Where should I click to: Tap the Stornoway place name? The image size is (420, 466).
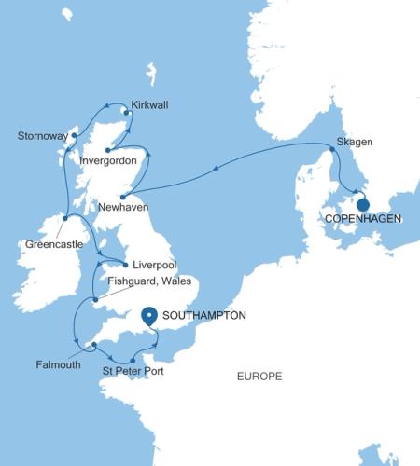pos(43,136)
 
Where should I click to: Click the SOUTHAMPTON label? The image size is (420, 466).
pos(203,316)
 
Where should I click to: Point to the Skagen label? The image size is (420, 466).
pos(355,142)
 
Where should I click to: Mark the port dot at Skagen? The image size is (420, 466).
pos(332,149)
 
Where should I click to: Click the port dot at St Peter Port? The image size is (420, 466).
pos(133,361)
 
